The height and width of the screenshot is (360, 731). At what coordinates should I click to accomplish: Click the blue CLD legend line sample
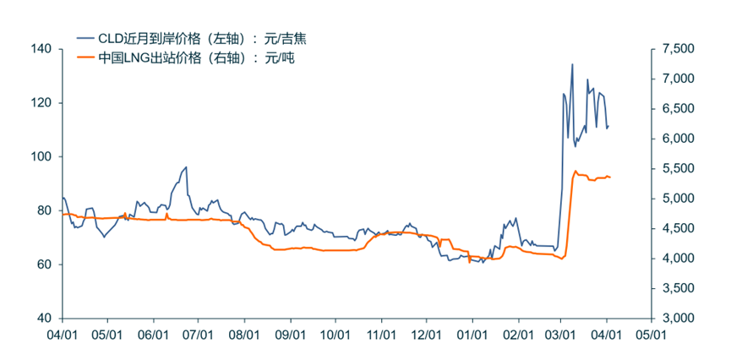tap(86, 38)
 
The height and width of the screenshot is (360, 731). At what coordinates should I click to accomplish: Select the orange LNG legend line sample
tap(86, 57)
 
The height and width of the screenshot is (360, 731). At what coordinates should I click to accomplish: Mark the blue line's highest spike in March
tap(572, 64)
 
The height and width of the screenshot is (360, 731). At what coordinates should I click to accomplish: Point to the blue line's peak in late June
tap(186, 167)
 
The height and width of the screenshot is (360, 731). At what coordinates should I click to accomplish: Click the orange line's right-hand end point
tap(610, 177)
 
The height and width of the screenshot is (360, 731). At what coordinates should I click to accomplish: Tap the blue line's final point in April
tap(608, 127)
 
